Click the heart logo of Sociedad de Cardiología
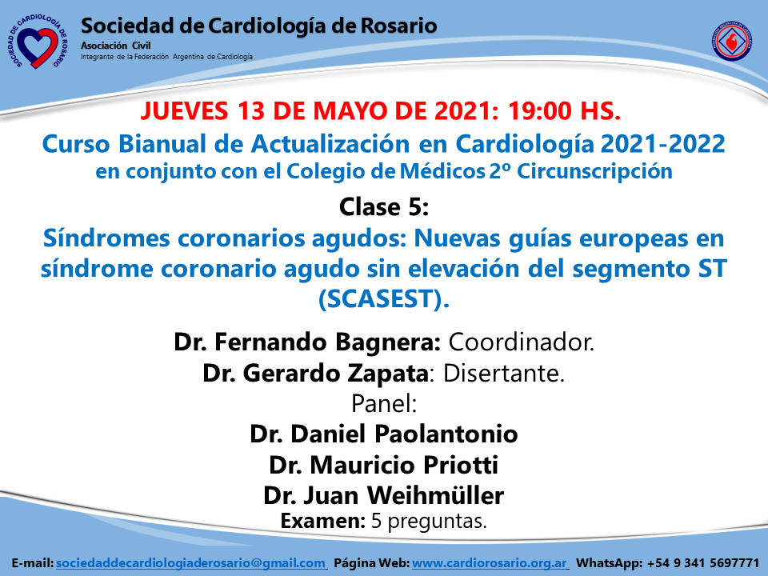pyautogui.click(x=38, y=42)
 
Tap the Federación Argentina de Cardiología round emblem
pyautogui.click(x=732, y=41)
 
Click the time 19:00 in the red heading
pyautogui.click(x=539, y=110)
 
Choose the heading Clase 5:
pyautogui.click(x=384, y=206)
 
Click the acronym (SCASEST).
pyautogui.click(x=384, y=298)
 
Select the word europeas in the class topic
pyautogui.click(x=634, y=238)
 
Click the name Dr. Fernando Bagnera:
pyautogui.click(x=307, y=342)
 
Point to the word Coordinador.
pyautogui.click(x=521, y=342)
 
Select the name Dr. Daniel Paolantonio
pyautogui.click(x=384, y=434)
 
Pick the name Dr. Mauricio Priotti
pyautogui.click(x=384, y=465)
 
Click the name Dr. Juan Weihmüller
pyautogui.click(x=384, y=495)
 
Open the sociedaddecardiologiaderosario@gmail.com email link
pyautogui.click(x=190, y=563)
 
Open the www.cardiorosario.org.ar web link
pyautogui.click(x=490, y=563)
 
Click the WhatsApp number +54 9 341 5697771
pyautogui.click(x=703, y=563)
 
